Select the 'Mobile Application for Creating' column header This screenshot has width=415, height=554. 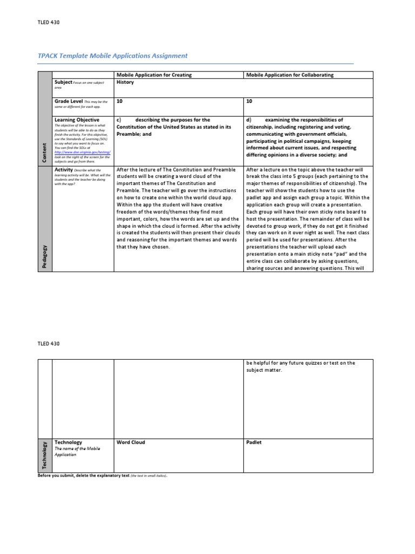pos(154,75)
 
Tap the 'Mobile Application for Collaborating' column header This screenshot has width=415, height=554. pos(290,75)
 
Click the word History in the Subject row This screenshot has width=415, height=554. pos(125,82)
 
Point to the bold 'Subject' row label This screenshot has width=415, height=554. pos(63,82)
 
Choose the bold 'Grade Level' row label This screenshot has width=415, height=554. pos(69,101)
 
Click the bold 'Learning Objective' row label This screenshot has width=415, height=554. pos(77,120)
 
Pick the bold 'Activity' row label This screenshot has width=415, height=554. pos(64,169)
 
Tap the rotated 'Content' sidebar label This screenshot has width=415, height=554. pos(44,152)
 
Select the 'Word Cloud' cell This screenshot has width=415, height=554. pos(131,442)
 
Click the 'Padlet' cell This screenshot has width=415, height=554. pos(253,442)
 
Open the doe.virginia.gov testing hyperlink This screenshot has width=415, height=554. pos(82,153)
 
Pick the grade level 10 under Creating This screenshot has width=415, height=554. pos(119,101)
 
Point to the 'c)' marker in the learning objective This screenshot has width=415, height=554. pos(119,120)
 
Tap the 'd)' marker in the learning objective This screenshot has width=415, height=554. pos(249,120)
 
